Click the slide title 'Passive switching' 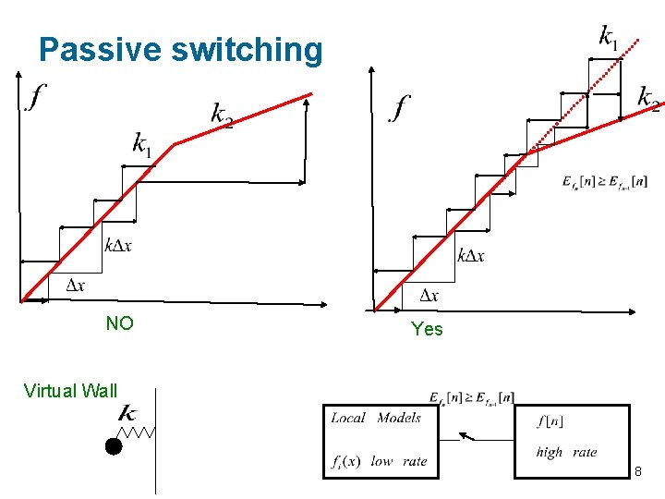pyautogui.click(x=181, y=50)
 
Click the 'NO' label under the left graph pyautogui.click(x=119, y=323)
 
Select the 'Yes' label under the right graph pyautogui.click(x=427, y=329)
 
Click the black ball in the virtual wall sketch pyautogui.click(x=113, y=447)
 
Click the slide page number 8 pyautogui.click(x=637, y=473)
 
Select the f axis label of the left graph pyautogui.click(x=37, y=95)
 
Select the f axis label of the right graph pyautogui.click(x=400, y=107)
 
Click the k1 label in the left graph pyautogui.click(x=141, y=144)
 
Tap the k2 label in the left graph pyautogui.click(x=222, y=115)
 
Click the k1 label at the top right pyautogui.click(x=609, y=37)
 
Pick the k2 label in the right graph pyautogui.click(x=648, y=97)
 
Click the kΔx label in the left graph pyautogui.click(x=117, y=244)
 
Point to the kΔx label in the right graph pyautogui.click(x=470, y=255)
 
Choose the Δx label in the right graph pyautogui.click(x=429, y=296)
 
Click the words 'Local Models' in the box pyautogui.click(x=376, y=418)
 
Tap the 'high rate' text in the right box pyautogui.click(x=566, y=452)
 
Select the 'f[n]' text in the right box pyautogui.click(x=551, y=420)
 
